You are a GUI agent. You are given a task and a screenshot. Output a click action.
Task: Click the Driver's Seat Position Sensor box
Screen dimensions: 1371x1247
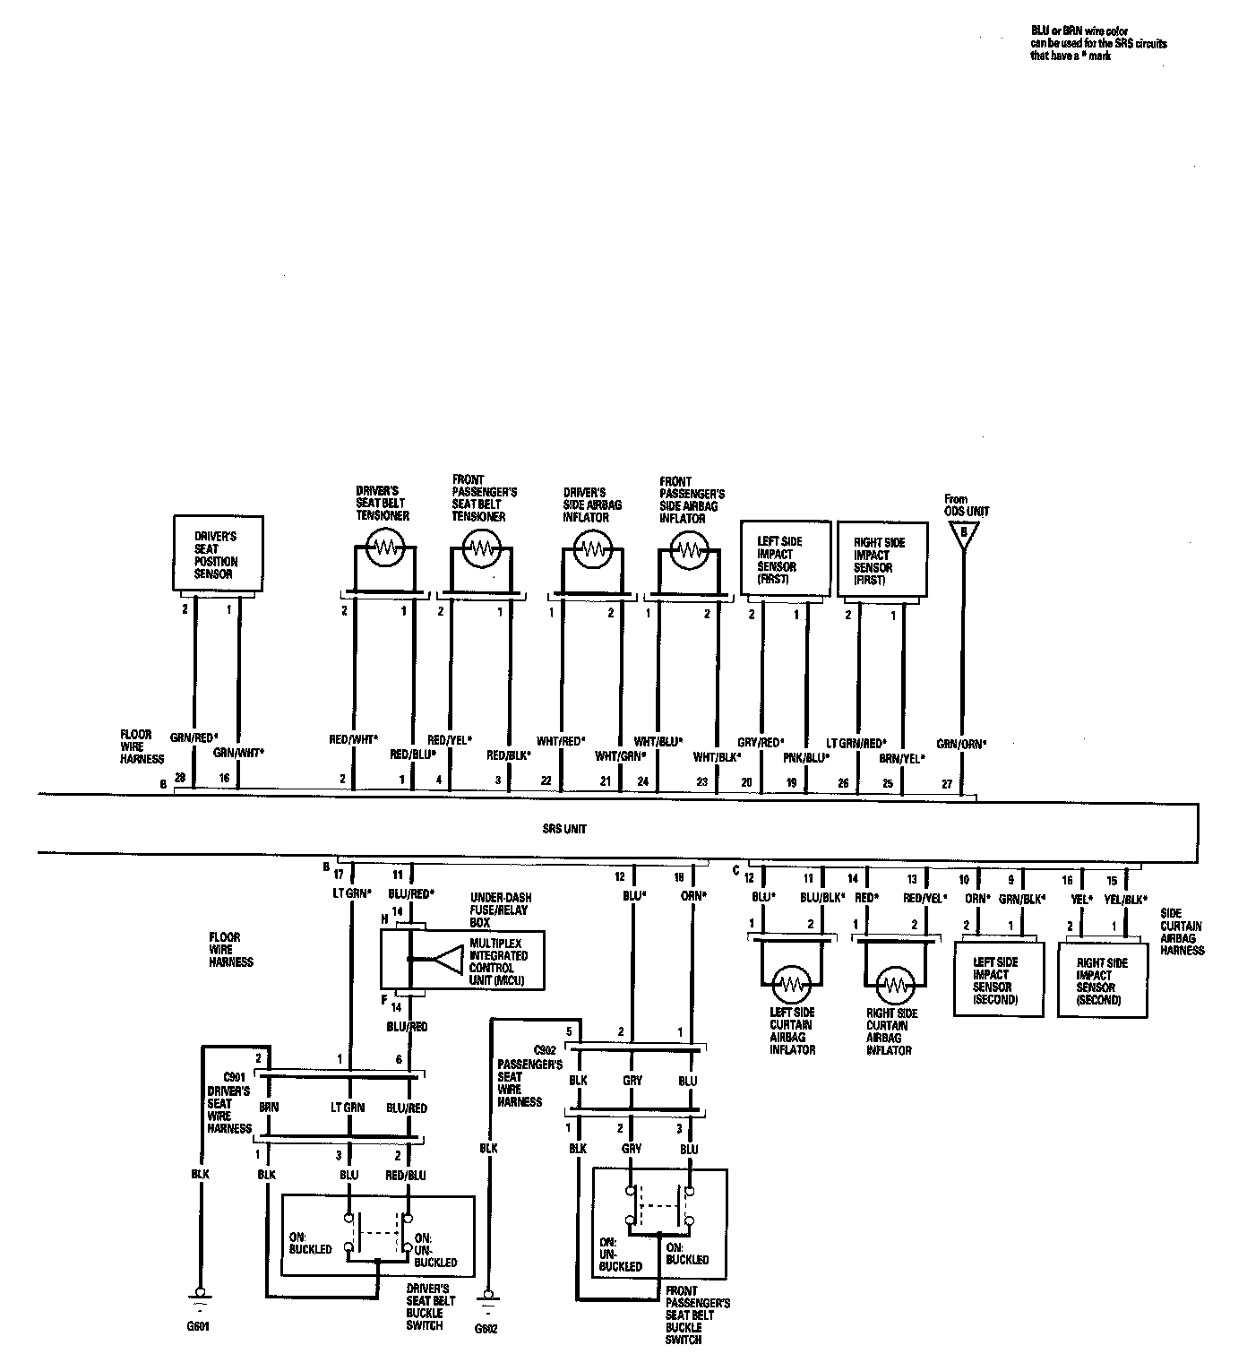click(x=218, y=553)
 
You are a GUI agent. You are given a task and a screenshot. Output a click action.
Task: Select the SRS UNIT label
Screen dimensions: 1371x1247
click(x=564, y=829)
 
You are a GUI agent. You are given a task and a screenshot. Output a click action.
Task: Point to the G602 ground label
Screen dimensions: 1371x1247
click(x=486, y=1329)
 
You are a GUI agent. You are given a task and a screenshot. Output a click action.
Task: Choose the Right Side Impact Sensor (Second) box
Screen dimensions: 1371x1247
click(x=1103, y=980)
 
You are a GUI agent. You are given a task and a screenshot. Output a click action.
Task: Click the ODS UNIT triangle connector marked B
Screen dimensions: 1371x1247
click(x=963, y=534)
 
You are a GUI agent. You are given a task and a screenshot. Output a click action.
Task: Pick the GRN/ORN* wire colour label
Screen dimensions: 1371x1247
click(x=961, y=743)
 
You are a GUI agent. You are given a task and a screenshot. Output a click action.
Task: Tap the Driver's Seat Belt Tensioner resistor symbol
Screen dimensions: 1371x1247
click(x=385, y=546)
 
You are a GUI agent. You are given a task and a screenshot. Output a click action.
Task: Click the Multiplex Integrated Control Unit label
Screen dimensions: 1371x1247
click(x=498, y=962)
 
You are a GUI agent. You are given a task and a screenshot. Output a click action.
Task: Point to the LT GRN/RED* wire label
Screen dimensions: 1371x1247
click(x=856, y=743)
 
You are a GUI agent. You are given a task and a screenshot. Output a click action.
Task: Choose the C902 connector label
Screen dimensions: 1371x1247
click(x=545, y=1050)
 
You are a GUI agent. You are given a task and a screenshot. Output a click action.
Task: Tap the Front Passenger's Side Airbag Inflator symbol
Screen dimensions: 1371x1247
click(x=689, y=548)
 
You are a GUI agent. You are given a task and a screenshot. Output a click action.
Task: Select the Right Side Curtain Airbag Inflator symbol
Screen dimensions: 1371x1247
click(x=893, y=985)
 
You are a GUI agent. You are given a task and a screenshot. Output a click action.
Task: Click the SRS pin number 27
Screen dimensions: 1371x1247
click(x=947, y=781)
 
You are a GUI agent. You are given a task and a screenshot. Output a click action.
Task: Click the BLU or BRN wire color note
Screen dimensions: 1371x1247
click(x=1098, y=43)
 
